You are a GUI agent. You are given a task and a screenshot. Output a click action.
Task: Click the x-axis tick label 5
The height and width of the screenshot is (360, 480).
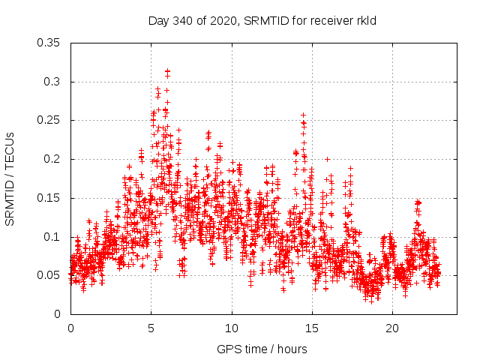tap(151, 328)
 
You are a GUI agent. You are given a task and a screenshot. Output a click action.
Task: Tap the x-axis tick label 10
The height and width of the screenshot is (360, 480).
tap(232, 328)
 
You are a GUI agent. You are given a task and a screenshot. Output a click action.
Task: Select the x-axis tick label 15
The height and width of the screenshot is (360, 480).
tap(312, 328)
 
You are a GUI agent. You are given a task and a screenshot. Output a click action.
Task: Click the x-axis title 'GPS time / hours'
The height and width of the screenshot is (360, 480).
tap(263, 349)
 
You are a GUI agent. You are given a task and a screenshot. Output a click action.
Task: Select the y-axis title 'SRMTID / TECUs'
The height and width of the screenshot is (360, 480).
tap(10, 178)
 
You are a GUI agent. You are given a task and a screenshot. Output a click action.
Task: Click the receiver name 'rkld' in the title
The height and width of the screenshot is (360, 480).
tap(365, 20)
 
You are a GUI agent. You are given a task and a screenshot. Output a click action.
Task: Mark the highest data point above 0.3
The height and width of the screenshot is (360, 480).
tap(167, 71)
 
